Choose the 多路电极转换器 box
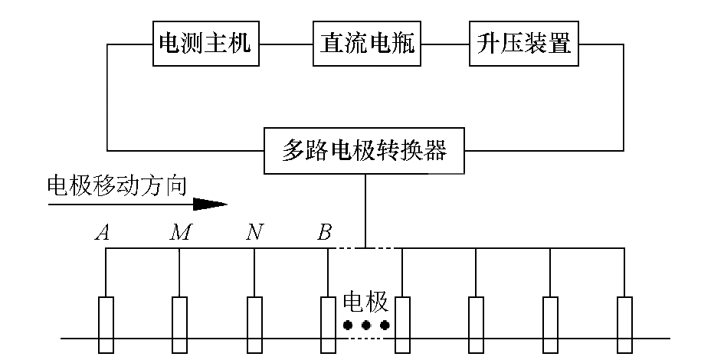pos(365,151)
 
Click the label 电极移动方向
pos(116,186)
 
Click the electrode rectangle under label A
pos(106,325)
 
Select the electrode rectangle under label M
pos(179,325)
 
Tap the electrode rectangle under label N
pos(254,325)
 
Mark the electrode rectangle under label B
pos(328,325)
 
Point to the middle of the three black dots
pos(366,326)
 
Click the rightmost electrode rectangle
pos(625,325)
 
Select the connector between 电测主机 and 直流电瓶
pos(286,43)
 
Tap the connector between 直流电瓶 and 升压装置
pos(445,43)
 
